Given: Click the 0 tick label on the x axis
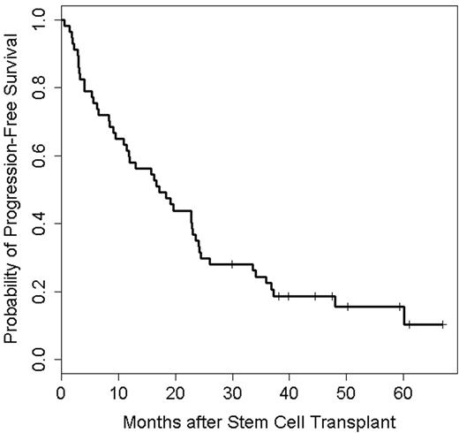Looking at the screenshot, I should tap(61, 391).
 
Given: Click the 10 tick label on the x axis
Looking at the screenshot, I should tap(118, 391).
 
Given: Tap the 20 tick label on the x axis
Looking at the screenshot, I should tap(175, 391).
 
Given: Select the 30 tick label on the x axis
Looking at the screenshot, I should tap(232, 391).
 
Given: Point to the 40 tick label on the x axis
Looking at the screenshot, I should tap(290, 391).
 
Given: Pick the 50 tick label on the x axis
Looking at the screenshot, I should tap(347, 391).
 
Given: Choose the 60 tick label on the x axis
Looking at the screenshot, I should tap(403, 391).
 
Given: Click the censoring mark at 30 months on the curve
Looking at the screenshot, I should tap(232, 264).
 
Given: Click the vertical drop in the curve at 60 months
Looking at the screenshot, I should tap(404, 315).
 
